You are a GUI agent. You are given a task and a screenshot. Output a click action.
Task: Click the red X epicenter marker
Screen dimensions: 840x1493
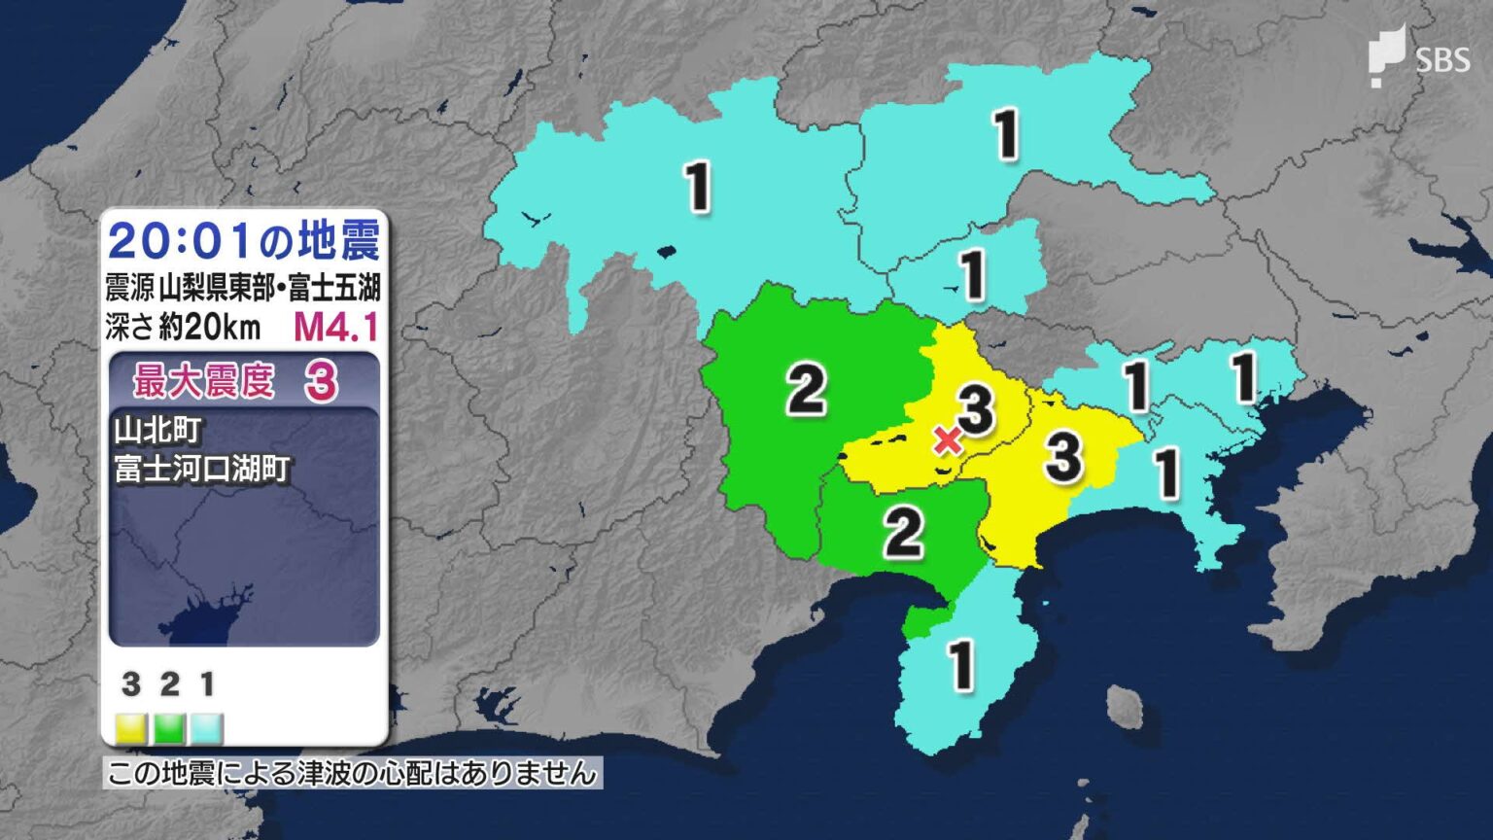948,439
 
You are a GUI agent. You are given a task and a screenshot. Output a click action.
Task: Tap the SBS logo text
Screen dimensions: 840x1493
1442,60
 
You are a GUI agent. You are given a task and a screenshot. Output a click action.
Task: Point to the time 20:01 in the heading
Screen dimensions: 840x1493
183,241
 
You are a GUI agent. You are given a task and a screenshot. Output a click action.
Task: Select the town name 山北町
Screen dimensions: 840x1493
157,429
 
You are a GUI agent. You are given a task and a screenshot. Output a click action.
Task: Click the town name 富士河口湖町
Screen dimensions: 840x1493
202,469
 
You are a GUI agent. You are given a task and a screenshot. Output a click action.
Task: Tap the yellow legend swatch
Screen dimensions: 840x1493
130,727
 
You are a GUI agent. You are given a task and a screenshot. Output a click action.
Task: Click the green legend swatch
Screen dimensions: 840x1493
169,727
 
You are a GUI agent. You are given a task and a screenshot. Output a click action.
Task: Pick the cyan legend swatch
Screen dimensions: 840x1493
206,727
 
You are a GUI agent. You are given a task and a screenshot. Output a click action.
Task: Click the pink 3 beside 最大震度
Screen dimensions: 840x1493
321,383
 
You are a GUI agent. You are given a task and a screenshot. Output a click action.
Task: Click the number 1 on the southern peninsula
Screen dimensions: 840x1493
961,666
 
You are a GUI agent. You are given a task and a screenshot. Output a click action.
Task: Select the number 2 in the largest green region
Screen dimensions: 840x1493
806,390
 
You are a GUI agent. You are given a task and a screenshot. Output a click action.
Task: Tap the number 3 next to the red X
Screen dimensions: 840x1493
976,408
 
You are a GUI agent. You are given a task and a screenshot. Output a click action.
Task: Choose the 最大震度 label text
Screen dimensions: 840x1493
204,381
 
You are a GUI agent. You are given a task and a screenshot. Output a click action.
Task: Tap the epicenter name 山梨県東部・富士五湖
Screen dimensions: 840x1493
269,288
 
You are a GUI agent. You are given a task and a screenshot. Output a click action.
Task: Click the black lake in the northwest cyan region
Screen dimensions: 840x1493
665,253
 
